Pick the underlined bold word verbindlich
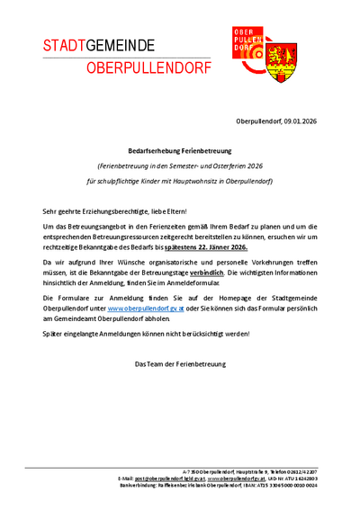click(x=208, y=270)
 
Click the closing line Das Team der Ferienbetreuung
click(x=179, y=364)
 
